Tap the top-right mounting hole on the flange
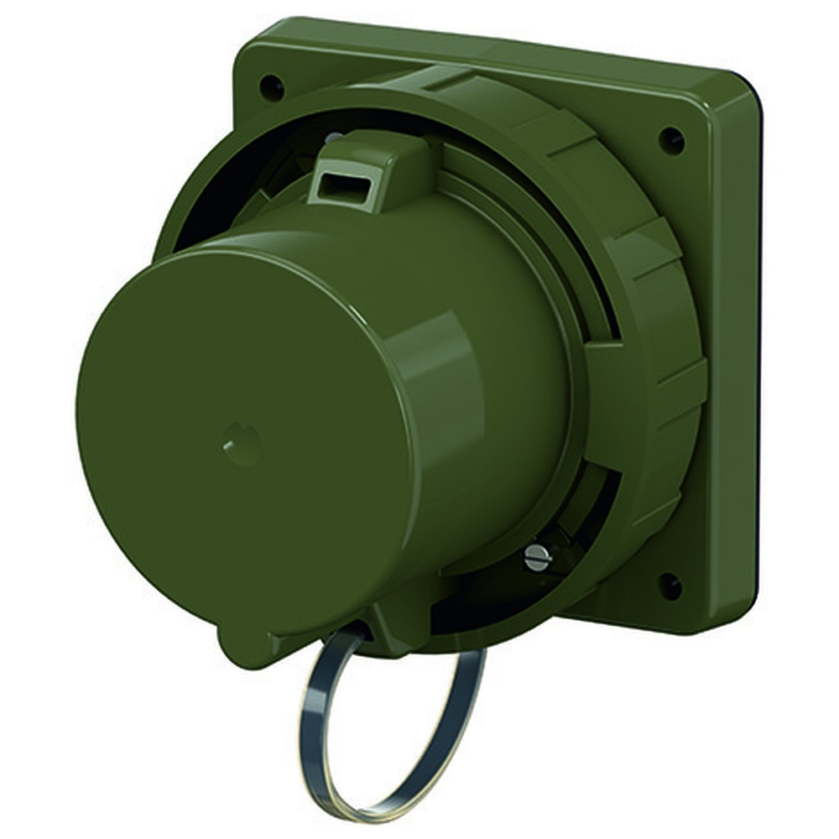pos(671,139)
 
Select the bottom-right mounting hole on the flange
pos(670,585)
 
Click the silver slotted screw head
pos(537,557)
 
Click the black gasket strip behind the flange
pos(759,336)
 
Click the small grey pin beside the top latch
pos(333,136)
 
